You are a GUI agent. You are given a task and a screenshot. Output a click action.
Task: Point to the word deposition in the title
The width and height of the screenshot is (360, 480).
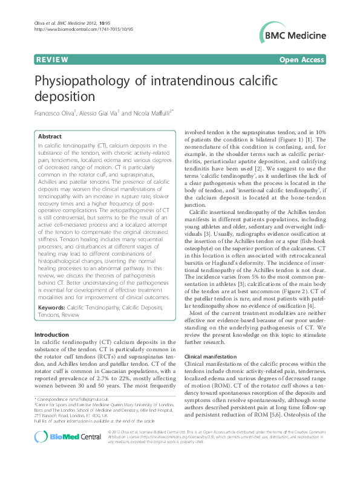pos(63,97)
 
